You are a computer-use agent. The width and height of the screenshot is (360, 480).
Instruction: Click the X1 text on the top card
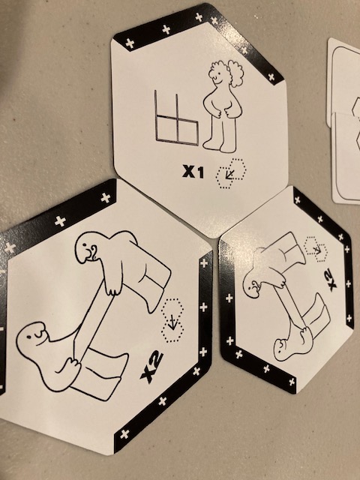coord(193,172)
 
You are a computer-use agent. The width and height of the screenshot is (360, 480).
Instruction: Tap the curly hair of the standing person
coord(228,71)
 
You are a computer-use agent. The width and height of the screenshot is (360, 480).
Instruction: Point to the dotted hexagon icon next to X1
coord(231,173)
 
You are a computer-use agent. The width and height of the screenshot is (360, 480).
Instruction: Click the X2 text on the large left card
coord(151,367)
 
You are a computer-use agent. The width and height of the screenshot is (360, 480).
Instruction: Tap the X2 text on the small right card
coord(332,278)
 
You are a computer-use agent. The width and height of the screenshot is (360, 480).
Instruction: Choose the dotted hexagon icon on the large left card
coord(172,320)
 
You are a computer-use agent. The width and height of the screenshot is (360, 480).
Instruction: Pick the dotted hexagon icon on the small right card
coord(316,249)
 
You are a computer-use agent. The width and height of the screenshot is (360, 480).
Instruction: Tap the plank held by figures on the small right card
coord(289,307)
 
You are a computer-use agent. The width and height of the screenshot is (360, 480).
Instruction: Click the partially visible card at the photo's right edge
coord(345,121)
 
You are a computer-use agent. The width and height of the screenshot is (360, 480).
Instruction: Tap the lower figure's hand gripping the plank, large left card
coord(72,365)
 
